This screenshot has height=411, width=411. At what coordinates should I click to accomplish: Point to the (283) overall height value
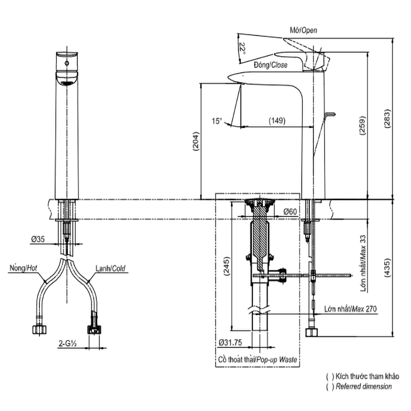coord(388,120)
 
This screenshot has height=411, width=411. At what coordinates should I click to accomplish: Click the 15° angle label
coord(217,121)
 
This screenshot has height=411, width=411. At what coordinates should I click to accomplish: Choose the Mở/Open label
coord(303,30)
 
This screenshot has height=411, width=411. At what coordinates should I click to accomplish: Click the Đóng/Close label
coord(270,65)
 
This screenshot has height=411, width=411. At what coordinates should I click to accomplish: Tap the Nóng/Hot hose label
coord(23,269)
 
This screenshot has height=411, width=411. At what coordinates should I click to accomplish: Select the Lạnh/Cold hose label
coord(110,269)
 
